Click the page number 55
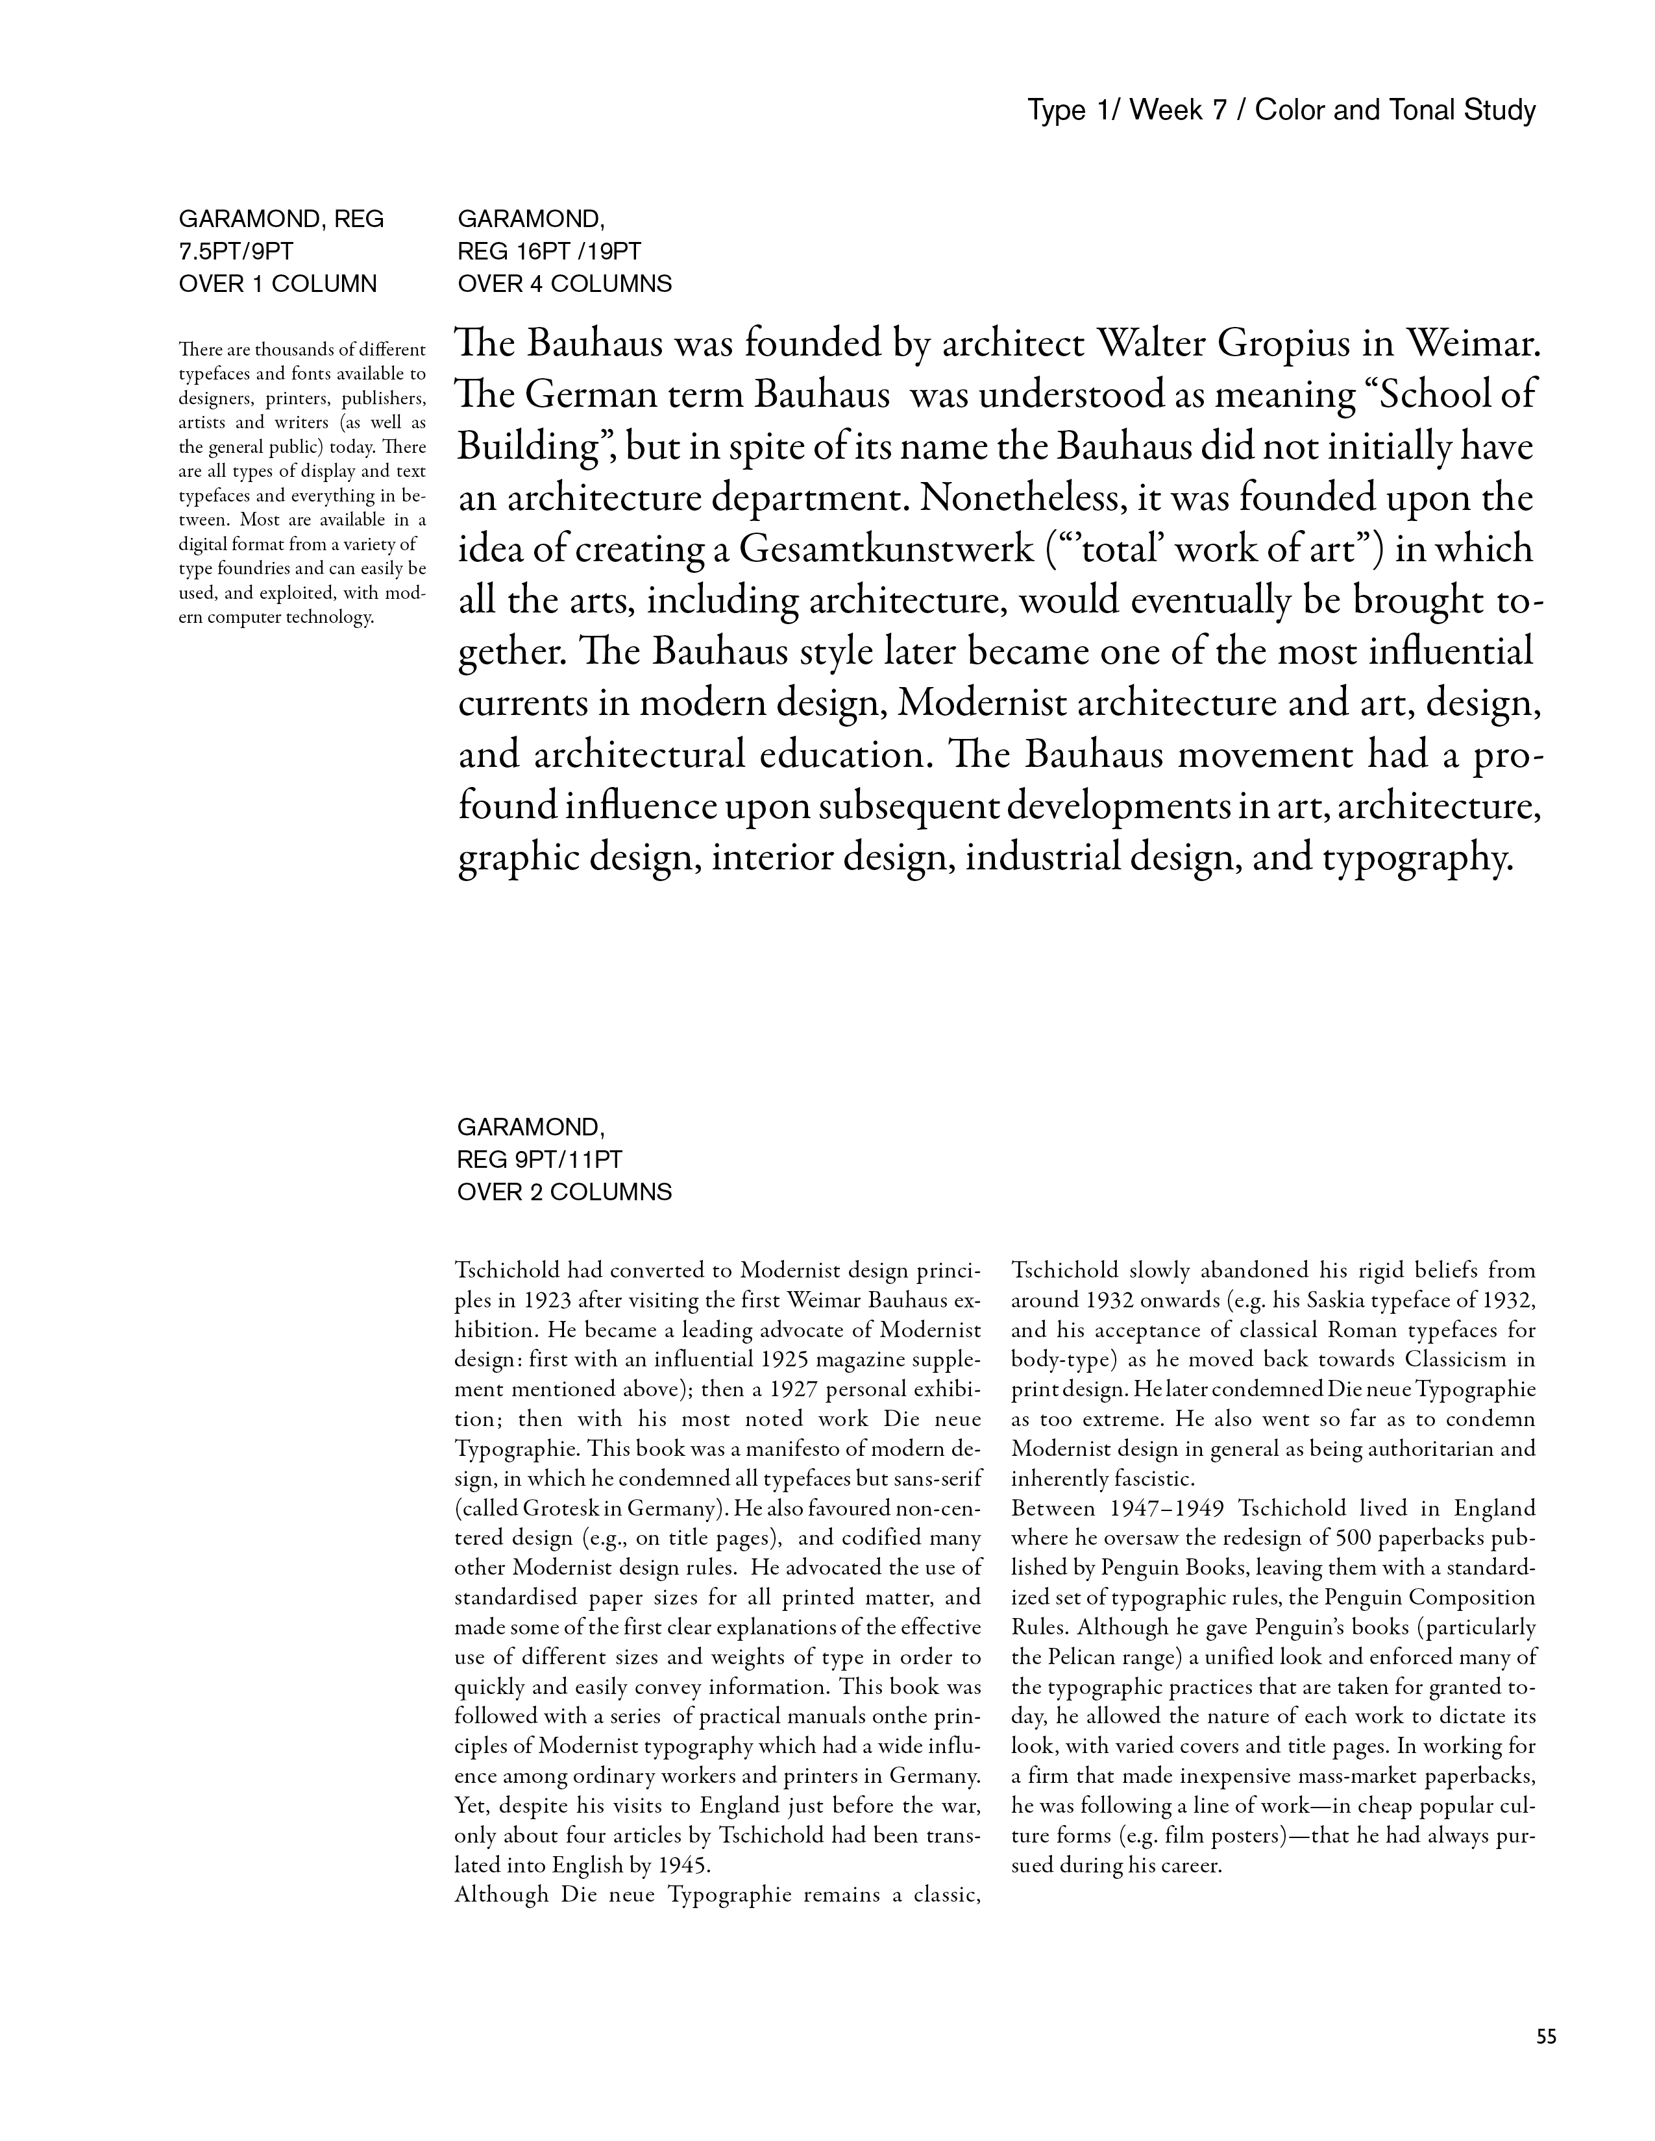(x=1545, y=2036)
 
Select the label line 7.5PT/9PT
(x=236, y=252)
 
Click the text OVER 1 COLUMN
(x=278, y=284)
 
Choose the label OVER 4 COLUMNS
(x=564, y=284)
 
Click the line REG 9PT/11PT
(x=539, y=1160)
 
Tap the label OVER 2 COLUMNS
(x=564, y=1192)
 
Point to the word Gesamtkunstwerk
(x=887, y=549)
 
